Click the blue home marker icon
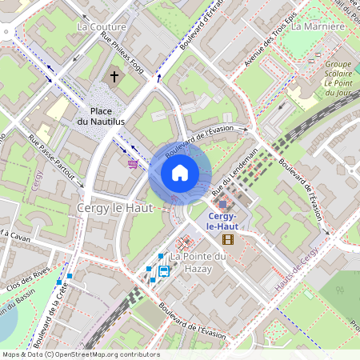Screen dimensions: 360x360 pos(180,172)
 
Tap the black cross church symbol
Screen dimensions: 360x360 pos(114,77)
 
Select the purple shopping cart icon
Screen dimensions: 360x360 pos(132,163)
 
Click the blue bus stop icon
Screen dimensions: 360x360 pos(164,270)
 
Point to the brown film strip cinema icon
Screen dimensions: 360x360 pos(228,238)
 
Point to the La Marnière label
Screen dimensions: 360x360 pos(318,26)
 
